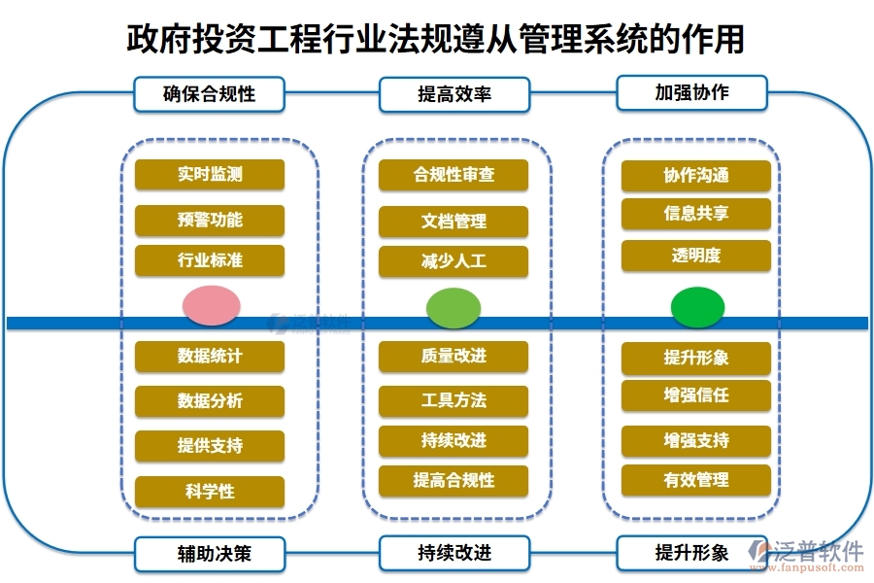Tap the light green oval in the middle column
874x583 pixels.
click(454, 307)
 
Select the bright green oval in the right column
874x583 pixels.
click(697, 307)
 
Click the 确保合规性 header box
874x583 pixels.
click(210, 94)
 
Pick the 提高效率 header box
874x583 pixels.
click(454, 94)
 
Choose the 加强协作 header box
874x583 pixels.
click(691, 92)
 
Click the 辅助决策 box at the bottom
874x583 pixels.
click(210, 554)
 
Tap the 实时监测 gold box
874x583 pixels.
click(210, 175)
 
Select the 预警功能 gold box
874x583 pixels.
click(210, 220)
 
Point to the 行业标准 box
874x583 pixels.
click(210, 260)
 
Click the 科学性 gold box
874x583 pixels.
click(210, 491)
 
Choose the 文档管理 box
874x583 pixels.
click(454, 222)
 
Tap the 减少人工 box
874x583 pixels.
click(454, 261)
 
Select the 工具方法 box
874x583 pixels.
click(454, 400)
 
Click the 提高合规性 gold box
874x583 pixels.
click(454, 480)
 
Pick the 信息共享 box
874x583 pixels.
click(696, 214)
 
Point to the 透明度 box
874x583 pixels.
click(696, 256)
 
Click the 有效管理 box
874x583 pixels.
click(696, 480)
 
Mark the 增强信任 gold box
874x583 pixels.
click(696, 394)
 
